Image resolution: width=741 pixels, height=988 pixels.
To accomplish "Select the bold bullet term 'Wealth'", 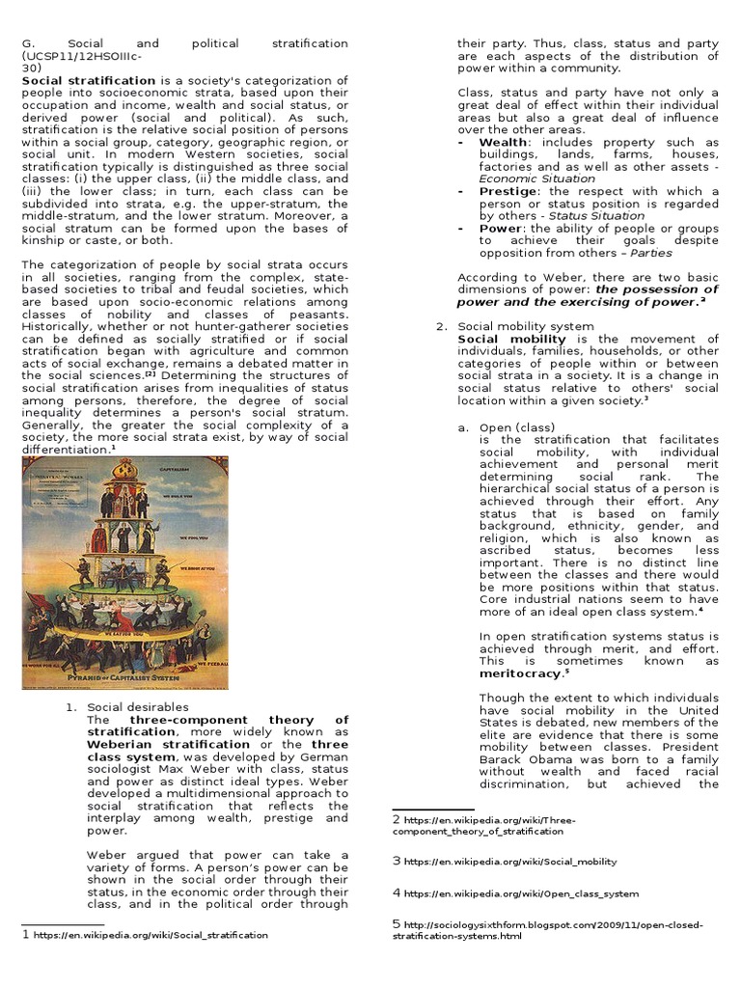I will click(x=503, y=142).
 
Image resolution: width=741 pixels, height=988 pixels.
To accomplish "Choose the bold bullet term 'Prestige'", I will click(x=508, y=191).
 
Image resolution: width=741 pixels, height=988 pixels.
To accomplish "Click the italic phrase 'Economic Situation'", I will click(x=536, y=178).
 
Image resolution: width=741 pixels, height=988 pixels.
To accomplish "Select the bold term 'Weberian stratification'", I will click(x=169, y=744).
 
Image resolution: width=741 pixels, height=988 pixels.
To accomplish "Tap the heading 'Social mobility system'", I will click(x=526, y=326).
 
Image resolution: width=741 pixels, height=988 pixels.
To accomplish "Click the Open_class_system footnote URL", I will click(x=521, y=893).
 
